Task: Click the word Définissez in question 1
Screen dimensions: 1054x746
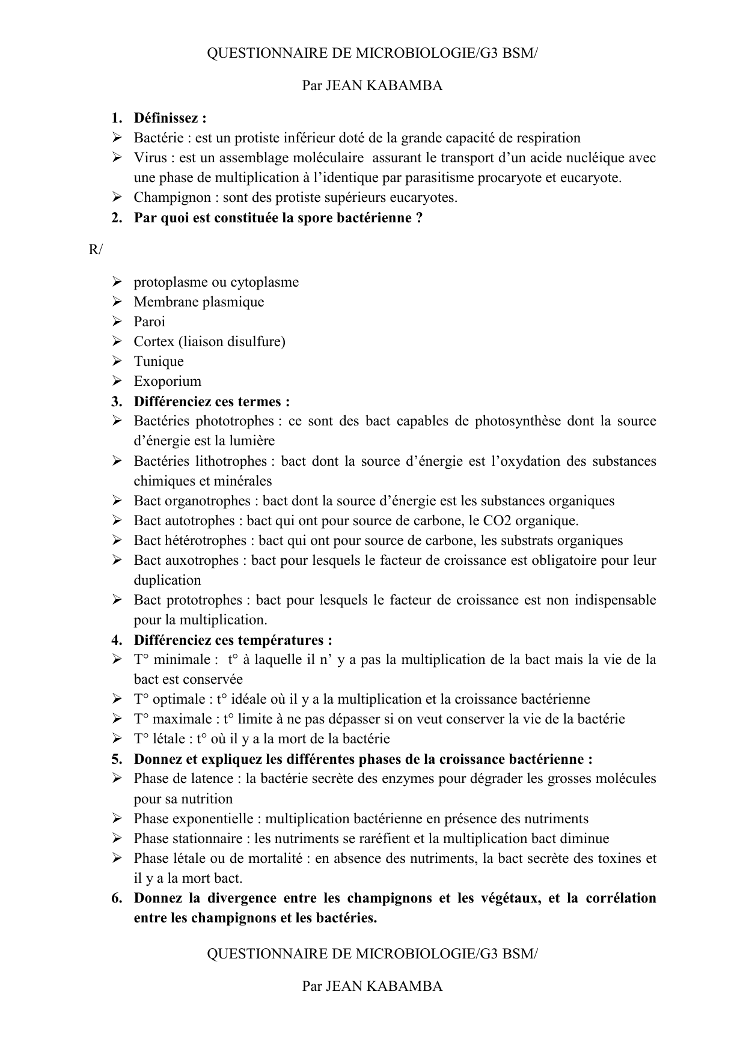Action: [167, 118]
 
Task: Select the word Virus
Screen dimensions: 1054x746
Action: [150, 158]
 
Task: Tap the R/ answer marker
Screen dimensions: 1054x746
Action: [96, 250]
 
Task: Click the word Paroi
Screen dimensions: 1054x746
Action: [149, 322]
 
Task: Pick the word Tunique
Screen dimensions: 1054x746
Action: [159, 362]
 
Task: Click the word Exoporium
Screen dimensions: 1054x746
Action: [167, 382]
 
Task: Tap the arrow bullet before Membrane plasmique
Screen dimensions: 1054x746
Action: [117, 302]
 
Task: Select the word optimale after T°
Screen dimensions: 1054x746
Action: [179, 699]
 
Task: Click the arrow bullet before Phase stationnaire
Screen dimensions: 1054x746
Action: [117, 838]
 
